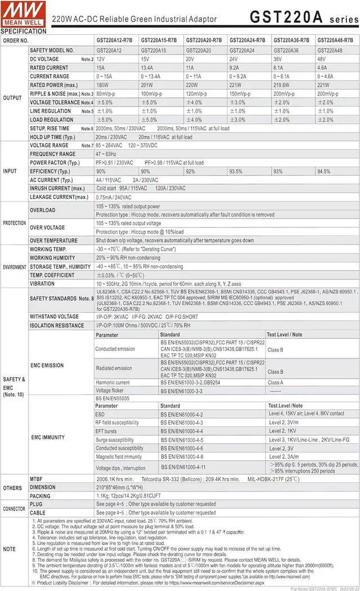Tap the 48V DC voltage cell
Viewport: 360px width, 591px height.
[322, 59]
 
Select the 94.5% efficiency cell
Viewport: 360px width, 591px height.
[324, 171]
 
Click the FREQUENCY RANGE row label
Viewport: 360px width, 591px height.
[52, 154]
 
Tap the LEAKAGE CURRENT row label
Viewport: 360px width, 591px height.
[59, 197]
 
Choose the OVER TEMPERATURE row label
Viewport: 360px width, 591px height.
[55, 240]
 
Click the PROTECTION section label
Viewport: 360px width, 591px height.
[14, 223]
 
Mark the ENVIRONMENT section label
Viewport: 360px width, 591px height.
[14, 267]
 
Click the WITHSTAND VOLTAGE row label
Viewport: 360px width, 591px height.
[54, 316]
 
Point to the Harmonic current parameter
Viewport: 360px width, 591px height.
[113, 382]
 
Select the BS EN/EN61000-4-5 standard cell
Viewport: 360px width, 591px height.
[182, 440]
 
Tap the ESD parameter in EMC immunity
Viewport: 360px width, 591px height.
[101, 414]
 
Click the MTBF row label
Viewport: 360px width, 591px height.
[37, 478]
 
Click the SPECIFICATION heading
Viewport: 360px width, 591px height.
[24, 32]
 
